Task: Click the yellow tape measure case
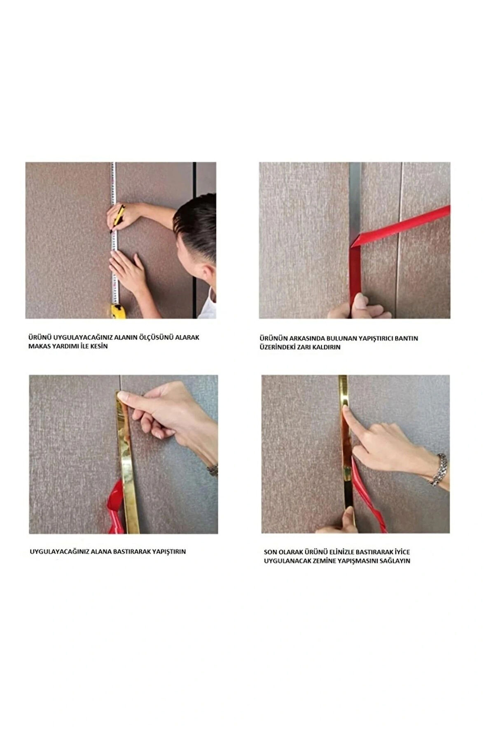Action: [x=118, y=311]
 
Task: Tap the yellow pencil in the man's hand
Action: [x=117, y=218]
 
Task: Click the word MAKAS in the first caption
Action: [x=40, y=346]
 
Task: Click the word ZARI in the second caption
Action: [x=307, y=347]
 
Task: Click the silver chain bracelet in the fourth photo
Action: [x=440, y=470]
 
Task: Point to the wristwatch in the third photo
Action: [x=213, y=469]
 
